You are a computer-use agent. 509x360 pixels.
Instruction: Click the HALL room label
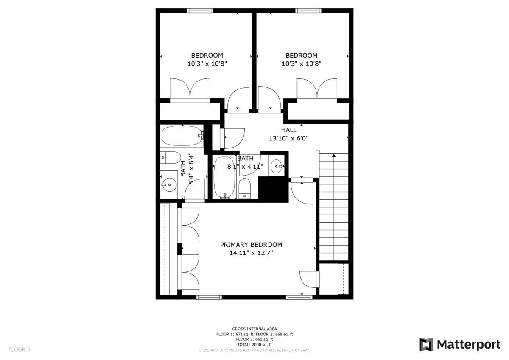(288, 130)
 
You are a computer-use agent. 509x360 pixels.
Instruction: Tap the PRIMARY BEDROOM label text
(251, 245)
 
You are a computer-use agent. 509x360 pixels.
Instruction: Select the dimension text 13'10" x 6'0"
(288, 138)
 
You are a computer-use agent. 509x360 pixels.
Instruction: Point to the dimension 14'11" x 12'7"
(251, 253)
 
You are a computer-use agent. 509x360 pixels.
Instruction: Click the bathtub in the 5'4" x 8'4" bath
(182, 136)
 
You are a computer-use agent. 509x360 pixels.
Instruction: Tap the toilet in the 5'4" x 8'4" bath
(170, 158)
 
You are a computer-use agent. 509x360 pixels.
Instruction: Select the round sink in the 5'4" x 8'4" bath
(169, 184)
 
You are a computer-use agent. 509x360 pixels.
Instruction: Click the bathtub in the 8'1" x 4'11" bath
(224, 178)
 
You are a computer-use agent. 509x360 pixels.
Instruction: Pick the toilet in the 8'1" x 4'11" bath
(245, 189)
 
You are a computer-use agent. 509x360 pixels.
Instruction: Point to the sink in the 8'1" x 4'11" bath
(277, 167)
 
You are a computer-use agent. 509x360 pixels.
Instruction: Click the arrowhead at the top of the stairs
(334, 155)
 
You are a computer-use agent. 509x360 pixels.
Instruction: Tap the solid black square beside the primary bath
(273, 189)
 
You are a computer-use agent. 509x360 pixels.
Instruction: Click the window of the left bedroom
(200, 11)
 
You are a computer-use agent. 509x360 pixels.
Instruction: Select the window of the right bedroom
(308, 11)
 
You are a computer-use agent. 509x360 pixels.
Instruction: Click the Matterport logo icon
(426, 345)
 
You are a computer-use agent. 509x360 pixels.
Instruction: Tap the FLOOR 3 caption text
(19, 349)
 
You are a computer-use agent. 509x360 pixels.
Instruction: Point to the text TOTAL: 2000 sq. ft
(255, 345)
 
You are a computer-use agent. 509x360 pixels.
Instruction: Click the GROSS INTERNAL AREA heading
(255, 329)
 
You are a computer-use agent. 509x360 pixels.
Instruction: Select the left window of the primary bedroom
(209, 297)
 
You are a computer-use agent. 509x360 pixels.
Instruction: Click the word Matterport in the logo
(469, 345)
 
